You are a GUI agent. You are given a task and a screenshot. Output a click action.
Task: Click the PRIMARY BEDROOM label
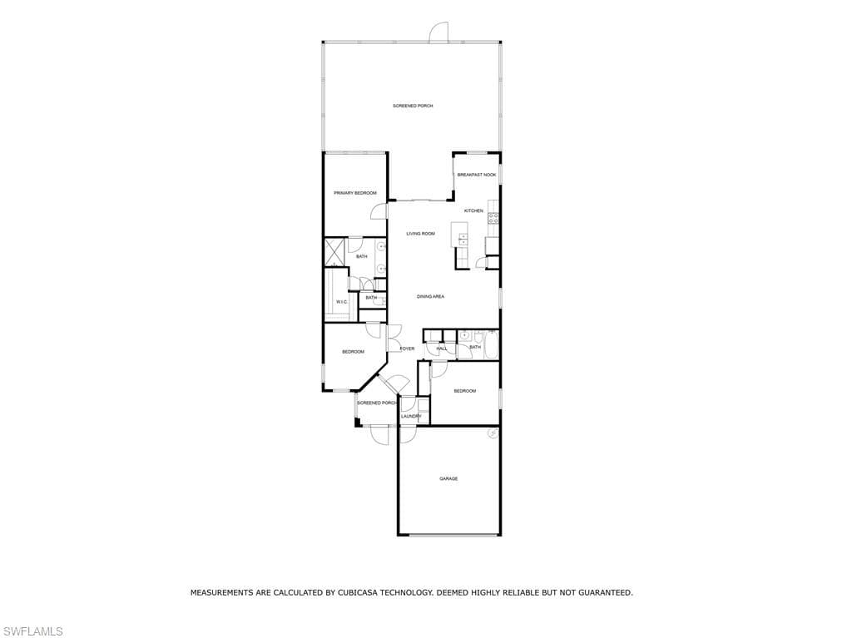(355, 193)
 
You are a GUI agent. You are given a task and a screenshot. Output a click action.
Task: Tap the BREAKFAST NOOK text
(477, 175)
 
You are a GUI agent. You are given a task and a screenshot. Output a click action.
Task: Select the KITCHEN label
(473, 210)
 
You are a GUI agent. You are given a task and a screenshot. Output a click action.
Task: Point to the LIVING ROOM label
(420, 234)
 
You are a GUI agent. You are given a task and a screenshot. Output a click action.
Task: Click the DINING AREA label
(430, 297)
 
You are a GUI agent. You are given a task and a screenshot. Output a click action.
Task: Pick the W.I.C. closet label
(342, 302)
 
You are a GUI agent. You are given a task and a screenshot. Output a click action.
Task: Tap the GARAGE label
(448, 479)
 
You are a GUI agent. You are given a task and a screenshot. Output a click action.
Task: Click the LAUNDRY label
(411, 416)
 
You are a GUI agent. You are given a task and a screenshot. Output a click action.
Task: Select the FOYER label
(407, 349)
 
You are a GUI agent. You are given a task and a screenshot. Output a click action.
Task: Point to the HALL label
(442, 349)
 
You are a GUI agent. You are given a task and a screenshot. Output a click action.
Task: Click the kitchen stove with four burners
(493, 218)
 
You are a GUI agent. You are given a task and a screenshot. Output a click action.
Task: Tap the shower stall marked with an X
(334, 252)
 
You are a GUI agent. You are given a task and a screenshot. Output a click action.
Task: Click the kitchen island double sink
(463, 239)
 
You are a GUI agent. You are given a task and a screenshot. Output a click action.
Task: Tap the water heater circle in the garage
(493, 433)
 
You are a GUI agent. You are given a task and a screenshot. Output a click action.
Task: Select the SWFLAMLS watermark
(32, 631)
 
